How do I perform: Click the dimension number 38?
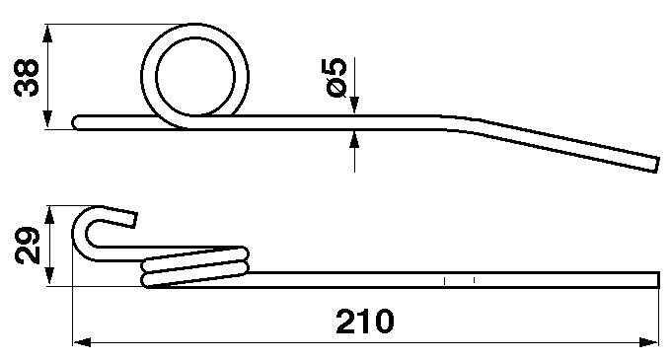[27, 77]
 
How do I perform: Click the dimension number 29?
[28, 245]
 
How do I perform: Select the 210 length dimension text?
[364, 322]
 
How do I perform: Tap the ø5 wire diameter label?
[335, 77]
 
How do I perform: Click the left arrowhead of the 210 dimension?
[82, 342]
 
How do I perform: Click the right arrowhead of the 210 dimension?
[648, 342]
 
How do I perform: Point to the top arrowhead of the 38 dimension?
[47, 33]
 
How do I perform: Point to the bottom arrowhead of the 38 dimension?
[47, 119]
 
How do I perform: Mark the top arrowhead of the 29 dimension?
[49, 215]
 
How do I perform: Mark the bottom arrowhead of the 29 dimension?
[49, 276]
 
